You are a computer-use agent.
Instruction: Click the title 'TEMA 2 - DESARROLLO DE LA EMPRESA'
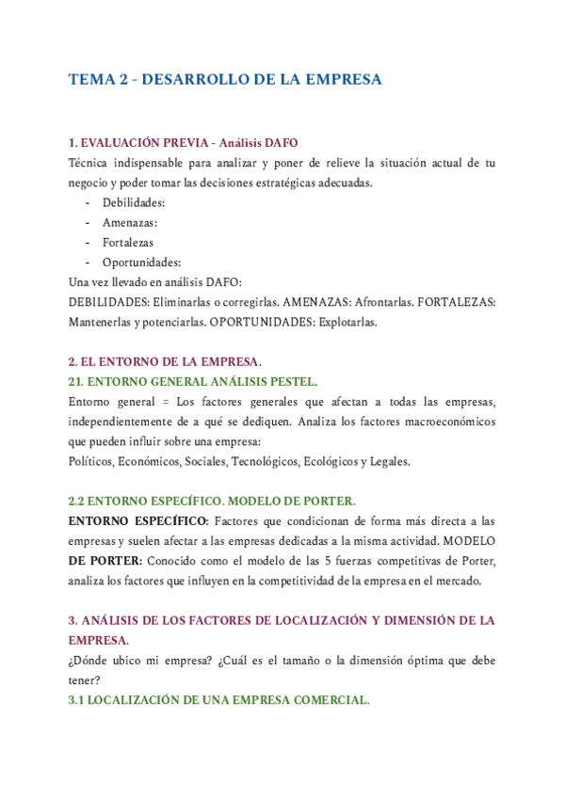click(x=225, y=80)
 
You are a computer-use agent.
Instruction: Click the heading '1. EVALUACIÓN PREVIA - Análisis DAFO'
click(x=183, y=143)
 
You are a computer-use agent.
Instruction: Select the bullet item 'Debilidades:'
click(x=134, y=202)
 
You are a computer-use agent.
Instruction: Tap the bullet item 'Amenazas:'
click(x=130, y=222)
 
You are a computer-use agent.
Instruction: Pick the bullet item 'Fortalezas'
click(x=128, y=242)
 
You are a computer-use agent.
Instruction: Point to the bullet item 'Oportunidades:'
click(x=141, y=262)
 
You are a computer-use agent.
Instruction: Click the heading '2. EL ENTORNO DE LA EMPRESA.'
click(x=165, y=362)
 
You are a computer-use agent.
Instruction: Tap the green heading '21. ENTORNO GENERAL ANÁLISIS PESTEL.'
click(x=193, y=382)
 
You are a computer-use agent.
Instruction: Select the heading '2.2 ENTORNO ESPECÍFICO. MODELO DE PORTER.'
click(x=212, y=502)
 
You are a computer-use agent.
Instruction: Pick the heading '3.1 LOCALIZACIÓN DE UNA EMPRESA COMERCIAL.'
click(x=218, y=701)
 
